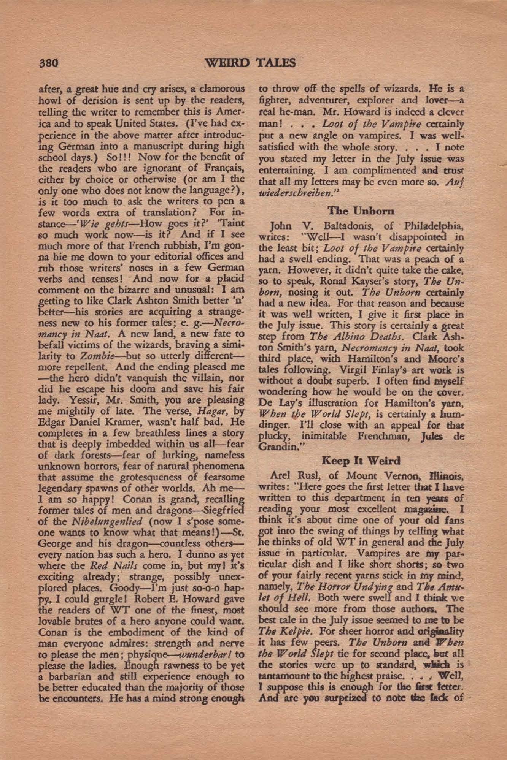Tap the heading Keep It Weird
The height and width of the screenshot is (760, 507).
(x=361, y=461)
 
